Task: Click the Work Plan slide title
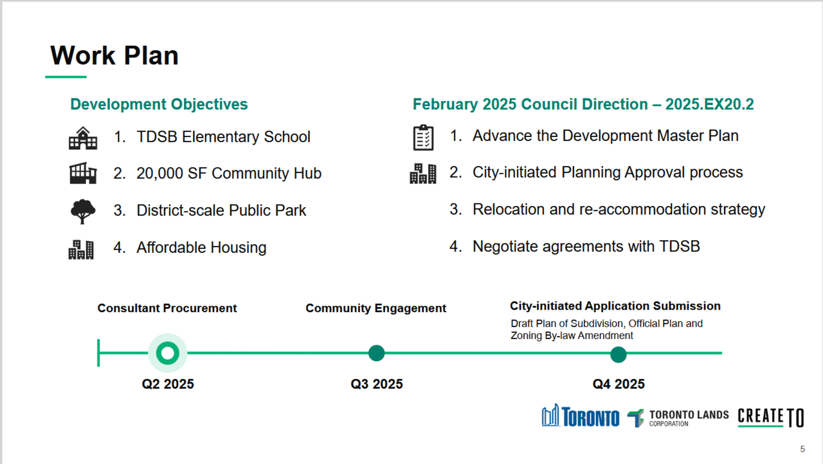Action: [x=114, y=55]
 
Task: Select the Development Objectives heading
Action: [x=159, y=104]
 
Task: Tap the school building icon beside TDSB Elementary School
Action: [x=83, y=138]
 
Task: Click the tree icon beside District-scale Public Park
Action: [x=83, y=212]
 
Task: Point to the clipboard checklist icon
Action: [x=423, y=138]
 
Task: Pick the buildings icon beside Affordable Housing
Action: [x=81, y=250]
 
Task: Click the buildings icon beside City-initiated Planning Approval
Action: [x=423, y=174]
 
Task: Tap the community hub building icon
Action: [x=83, y=173]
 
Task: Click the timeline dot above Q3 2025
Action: [x=377, y=353]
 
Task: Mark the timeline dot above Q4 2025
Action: [x=619, y=355]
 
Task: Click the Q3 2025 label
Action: [x=377, y=384]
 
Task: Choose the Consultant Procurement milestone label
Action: [x=167, y=308]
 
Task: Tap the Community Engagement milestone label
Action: [x=376, y=308]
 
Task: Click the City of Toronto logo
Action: [x=581, y=416]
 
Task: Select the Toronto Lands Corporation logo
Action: [x=678, y=418]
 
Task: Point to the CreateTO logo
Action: [x=771, y=417]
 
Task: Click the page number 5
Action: [x=802, y=449]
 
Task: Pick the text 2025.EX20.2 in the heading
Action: [x=709, y=104]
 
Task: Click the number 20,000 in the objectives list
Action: [x=159, y=174]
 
